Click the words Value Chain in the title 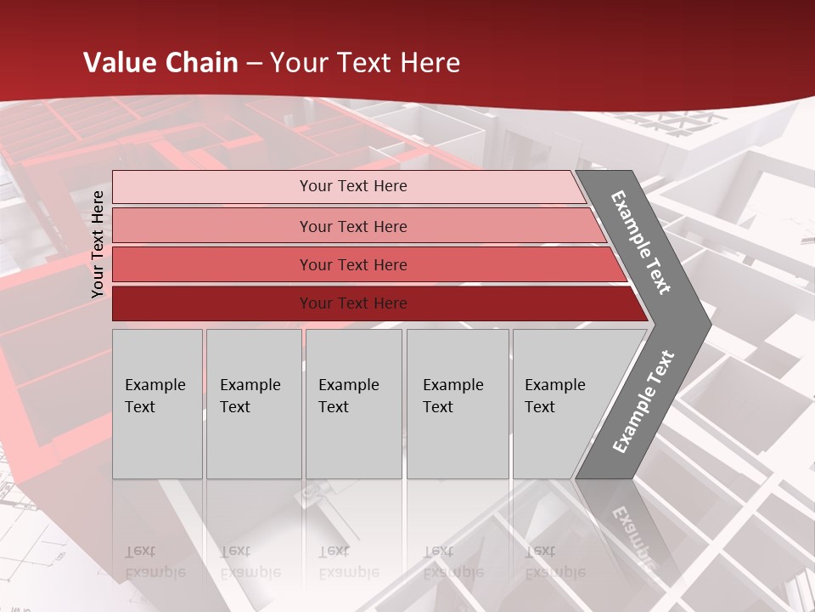tap(160, 62)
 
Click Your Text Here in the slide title tap(365, 62)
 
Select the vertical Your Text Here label tap(98, 244)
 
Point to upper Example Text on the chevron tap(641, 242)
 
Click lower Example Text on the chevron tap(644, 401)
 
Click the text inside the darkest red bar tap(353, 303)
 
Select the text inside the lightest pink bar tap(353, 186)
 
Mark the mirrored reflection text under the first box tap(155, 562)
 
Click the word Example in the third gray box tap(348, 385)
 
